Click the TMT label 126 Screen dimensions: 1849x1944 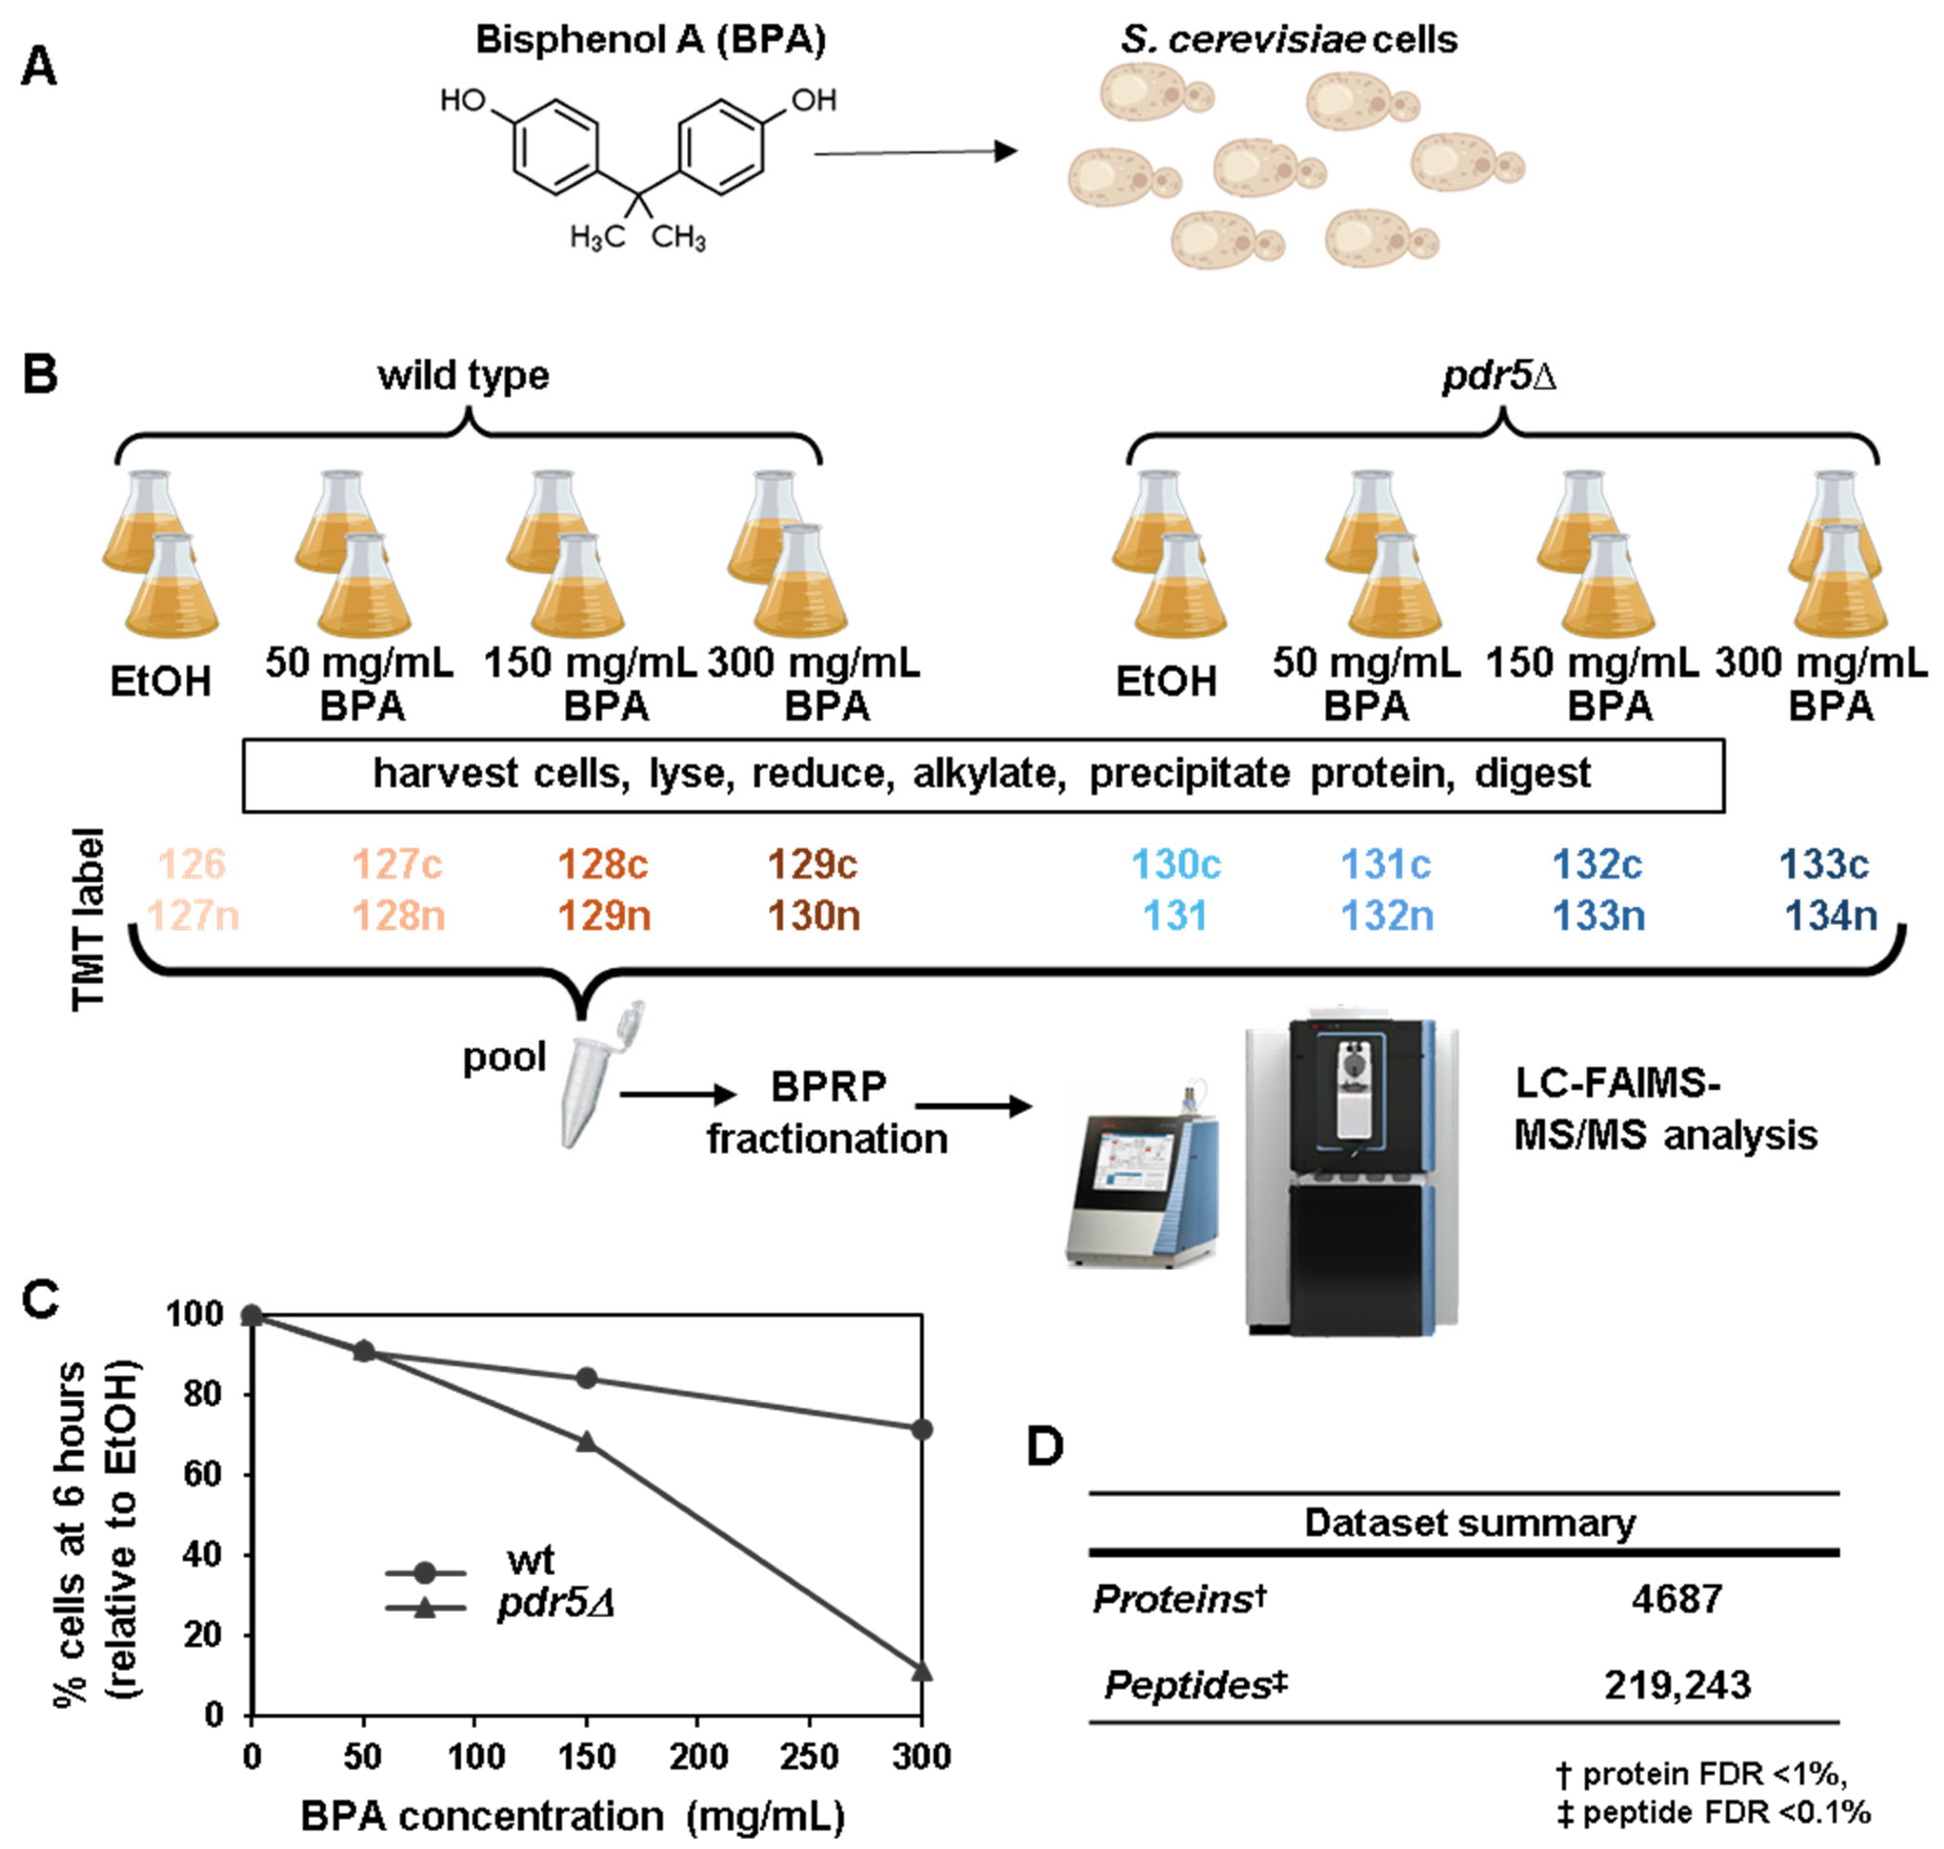tap(192, 865)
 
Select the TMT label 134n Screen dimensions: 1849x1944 tap(1831, 916)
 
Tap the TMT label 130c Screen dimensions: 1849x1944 tap(1176, 865)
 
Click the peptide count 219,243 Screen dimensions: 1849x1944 tap(1677, 1686)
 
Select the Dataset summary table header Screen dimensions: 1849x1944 tap(1469, 1523)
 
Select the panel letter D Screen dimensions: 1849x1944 tap(1045, 1447)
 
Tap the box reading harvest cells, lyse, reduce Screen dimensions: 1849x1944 tap(982, 775)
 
